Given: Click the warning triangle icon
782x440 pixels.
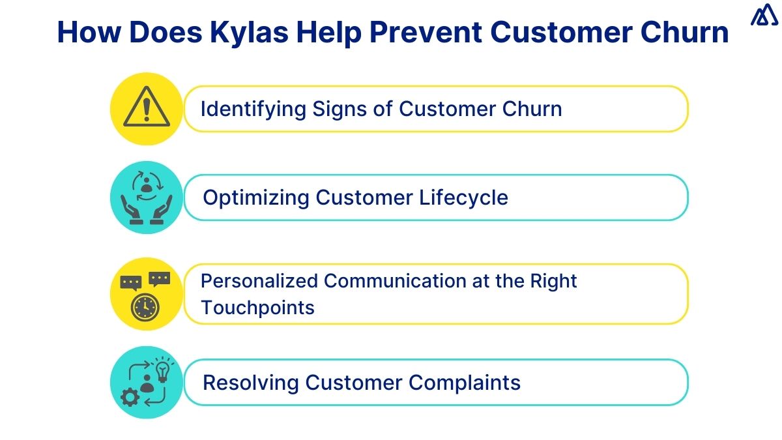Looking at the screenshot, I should [146, 109].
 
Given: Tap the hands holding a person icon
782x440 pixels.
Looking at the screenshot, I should [146, 198].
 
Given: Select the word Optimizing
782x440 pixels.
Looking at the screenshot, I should [257, 198].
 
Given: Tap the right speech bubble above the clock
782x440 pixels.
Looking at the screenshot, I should [159, 279].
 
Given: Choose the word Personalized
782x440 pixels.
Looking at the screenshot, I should [259, 282].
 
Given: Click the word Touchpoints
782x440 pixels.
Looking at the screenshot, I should [257, 308].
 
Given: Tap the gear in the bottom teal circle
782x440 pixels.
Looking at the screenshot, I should [130, 397].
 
